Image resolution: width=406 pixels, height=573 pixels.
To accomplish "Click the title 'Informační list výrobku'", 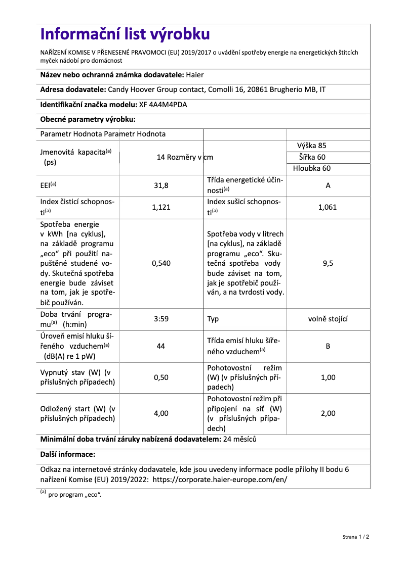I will click(x=125, y=34).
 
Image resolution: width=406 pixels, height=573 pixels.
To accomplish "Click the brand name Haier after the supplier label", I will click(x=195, y=75).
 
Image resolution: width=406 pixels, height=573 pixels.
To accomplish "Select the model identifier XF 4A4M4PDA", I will click(x=166, y=105).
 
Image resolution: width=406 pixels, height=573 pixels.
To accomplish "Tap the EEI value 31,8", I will click(x=161, y=185).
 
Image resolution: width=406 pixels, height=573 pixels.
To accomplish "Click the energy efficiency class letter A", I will click(x=328, y=185).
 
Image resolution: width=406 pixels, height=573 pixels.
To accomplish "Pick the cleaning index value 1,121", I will click(x=161, y=207).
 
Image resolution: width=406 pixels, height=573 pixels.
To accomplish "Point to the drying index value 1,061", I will click(x=328, y=207).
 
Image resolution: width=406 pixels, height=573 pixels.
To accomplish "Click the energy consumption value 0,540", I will click(x=161, y=263).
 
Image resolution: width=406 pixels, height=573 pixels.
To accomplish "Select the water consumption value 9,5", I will click(x=328, y=263).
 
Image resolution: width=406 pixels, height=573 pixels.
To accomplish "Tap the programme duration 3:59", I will click(x=161, y=319).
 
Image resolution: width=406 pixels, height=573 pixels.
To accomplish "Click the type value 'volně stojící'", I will click(x=328, y=319).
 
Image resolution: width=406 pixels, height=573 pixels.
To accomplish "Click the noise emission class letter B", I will click(x=328, y=347).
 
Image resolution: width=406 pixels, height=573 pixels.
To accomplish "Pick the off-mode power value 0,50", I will click(x=161, y=377).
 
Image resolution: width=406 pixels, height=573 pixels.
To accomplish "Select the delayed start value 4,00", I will click(x=161, y=413).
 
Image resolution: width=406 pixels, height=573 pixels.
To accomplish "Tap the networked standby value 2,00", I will click(x=328, y=413).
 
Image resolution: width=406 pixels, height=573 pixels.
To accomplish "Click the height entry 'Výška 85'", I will click(x=312, y=146).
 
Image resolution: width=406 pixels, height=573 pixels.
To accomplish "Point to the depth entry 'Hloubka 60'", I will click(x=312, y=168).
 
